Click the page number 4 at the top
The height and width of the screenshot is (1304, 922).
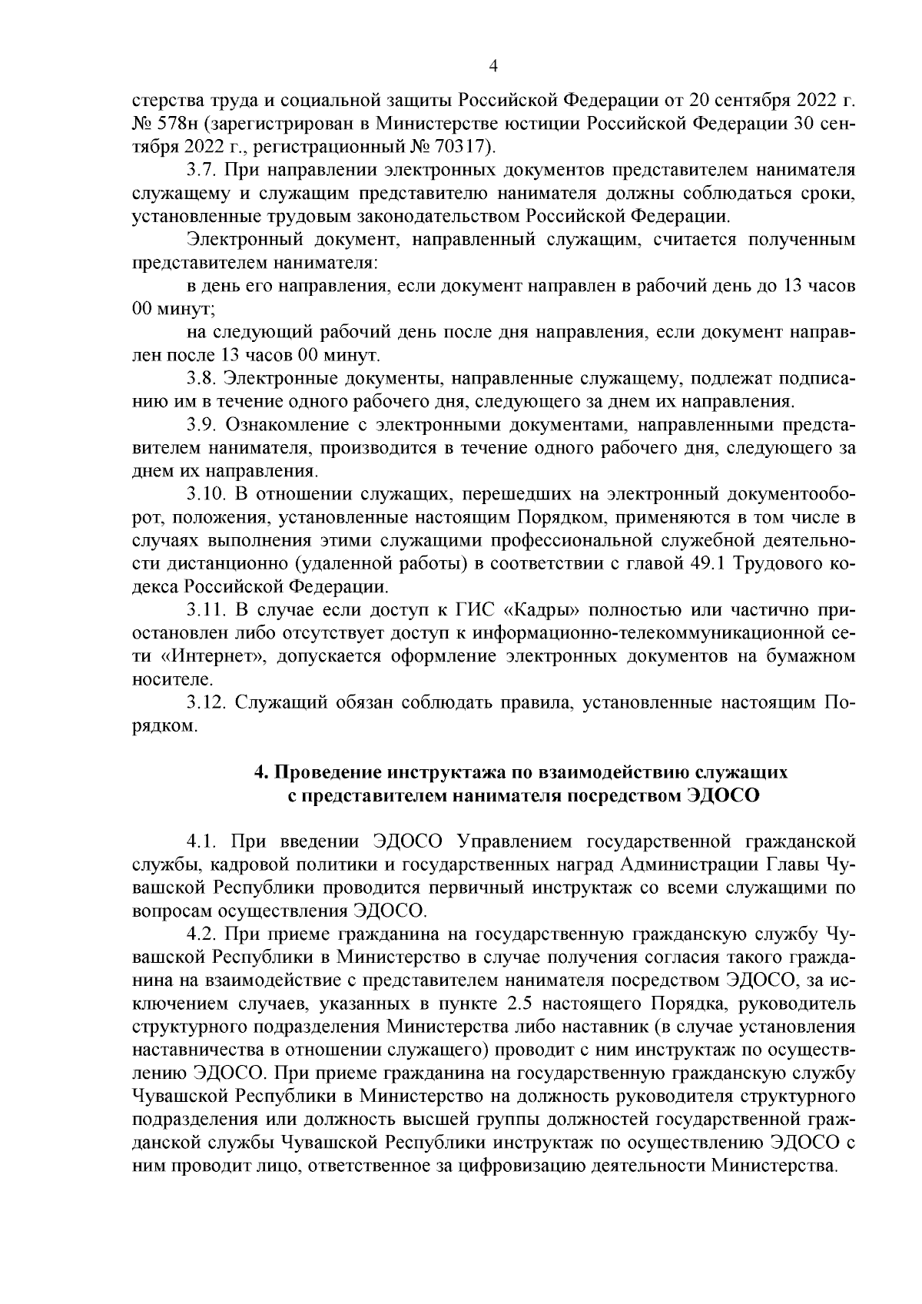(x=494, y=68)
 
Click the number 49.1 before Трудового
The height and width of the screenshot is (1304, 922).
(x=709, y=564)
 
